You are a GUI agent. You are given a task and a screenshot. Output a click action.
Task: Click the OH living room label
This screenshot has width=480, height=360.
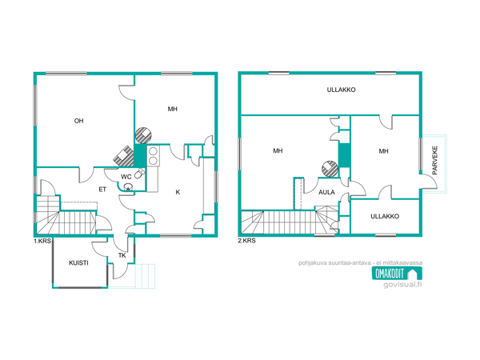(x=78, y=121)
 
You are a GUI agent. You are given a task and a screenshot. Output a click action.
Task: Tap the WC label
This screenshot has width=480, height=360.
(x=126, y=177)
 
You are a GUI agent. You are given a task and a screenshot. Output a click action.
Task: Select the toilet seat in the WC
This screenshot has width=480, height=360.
(x=139, y=174)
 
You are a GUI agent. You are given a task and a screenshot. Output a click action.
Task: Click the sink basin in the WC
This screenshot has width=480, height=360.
(x=128, y=186)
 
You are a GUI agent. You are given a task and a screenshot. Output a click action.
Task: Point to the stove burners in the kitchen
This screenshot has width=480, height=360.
(x=153, y=156)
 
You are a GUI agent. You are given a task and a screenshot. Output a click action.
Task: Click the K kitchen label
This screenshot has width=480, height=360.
(x=178, y=192)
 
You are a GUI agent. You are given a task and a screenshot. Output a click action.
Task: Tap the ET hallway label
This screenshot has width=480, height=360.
(x=102, y=190)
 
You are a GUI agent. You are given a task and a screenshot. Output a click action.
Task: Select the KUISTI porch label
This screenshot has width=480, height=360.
(x=78, y=262)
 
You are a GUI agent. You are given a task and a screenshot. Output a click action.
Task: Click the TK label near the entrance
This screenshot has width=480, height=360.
(x=122, y=255)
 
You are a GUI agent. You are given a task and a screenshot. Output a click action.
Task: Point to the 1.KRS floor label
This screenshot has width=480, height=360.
(x=42, y=241)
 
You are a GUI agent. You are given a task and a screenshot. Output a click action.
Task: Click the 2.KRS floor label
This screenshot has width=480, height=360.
(x=246, y=241)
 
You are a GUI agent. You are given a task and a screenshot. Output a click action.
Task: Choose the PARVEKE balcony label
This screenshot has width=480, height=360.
(x=434, y=161)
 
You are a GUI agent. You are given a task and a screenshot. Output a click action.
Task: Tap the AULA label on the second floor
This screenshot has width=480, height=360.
(x=326, y=192)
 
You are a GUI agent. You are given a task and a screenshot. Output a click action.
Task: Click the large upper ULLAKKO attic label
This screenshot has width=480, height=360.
(x=341, y=90)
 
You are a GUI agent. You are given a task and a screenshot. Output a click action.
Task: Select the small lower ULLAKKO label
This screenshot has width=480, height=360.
(x=385, y=216)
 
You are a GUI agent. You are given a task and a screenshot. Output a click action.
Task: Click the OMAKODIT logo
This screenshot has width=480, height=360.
(x=397, y=274)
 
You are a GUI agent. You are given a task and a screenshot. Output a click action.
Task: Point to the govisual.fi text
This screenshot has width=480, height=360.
(x=402, y=284)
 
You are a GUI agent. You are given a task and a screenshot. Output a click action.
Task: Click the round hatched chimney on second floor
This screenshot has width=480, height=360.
(x=330, y=169)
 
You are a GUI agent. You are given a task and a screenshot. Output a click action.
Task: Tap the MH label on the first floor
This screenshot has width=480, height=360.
(x=172, y=109)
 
